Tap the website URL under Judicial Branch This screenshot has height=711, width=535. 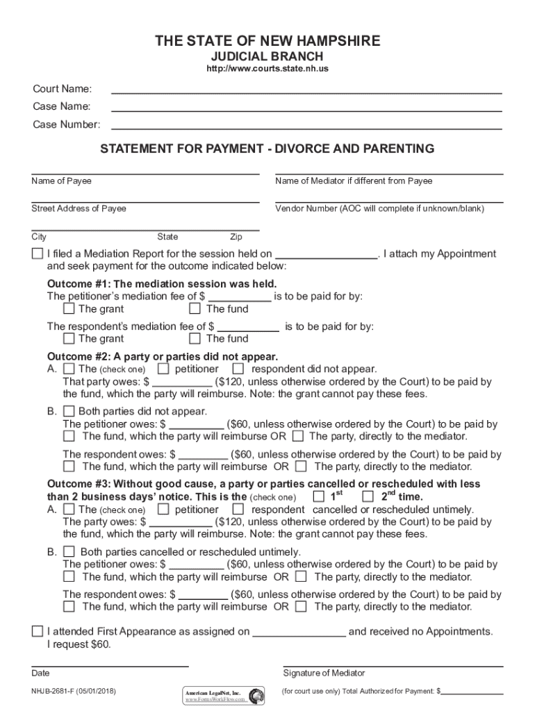267,70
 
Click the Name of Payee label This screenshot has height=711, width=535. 61,181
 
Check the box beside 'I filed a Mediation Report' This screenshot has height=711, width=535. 37,254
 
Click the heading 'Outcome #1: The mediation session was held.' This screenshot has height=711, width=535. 161,284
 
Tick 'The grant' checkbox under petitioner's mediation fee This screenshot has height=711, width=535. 69,308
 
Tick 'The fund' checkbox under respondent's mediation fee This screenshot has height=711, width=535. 195,338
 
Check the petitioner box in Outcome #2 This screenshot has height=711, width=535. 163,369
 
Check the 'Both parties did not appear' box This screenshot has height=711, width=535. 69,410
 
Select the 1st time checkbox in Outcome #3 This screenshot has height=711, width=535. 319,496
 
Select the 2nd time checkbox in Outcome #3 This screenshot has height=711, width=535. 368,496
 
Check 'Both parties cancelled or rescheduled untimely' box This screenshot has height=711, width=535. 69,551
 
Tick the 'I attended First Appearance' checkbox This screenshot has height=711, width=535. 37,632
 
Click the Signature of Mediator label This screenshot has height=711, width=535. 324,673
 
